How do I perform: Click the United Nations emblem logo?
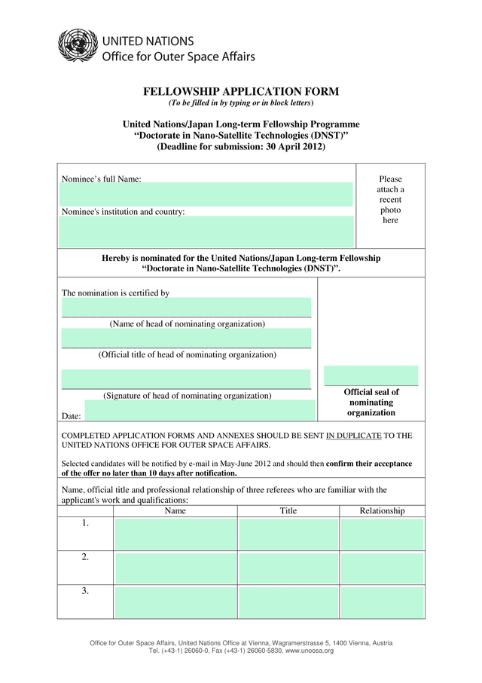73,44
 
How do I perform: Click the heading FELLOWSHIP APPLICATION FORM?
241,92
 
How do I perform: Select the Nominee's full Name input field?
206,194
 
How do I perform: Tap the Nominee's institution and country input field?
206,231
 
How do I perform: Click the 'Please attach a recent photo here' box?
390,200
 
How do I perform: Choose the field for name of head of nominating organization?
186,308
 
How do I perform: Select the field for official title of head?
186,338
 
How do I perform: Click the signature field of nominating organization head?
186,379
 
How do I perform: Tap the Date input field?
200,411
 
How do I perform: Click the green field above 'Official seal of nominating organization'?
371,375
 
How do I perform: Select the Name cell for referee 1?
175,534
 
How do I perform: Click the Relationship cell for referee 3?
382,602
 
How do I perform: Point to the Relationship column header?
382,511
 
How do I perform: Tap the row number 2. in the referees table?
85,558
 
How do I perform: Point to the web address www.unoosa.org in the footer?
309,650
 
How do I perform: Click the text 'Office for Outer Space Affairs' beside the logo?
178,57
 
